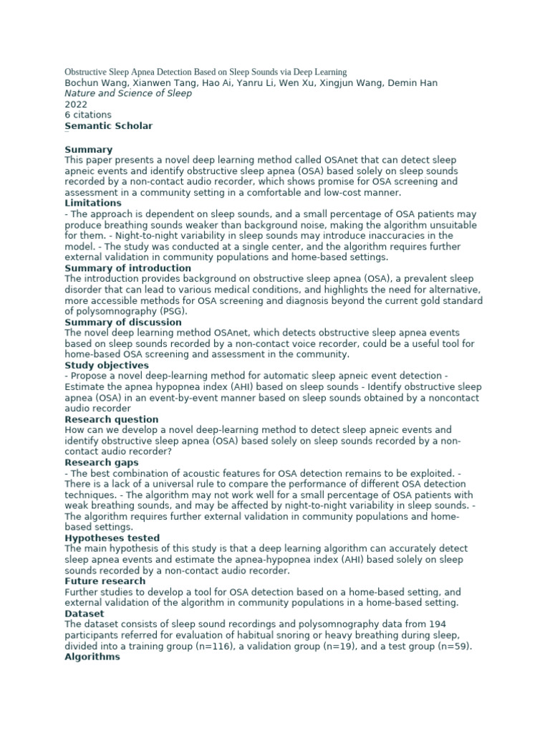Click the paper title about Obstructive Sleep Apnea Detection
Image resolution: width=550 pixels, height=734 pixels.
click(206, 72)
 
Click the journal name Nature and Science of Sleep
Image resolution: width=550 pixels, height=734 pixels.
click(127, 93)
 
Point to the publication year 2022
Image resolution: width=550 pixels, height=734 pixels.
click(76, 104)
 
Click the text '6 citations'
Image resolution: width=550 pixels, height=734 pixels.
click(88, 115)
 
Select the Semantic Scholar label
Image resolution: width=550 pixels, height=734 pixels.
click(108, 125)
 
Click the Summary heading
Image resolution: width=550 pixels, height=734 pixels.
click(90, 149)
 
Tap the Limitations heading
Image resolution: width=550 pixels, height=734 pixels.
click(93, 203)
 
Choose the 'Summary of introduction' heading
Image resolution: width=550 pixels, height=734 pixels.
click(128, 268)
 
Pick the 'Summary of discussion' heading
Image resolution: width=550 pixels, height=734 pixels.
click(123, 322)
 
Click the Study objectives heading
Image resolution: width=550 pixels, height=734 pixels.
click(107, 366)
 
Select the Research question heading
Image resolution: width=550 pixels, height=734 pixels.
click(111, 419)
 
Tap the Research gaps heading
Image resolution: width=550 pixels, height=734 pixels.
click(102, 462)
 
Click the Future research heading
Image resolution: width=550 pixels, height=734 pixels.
click(105, 581)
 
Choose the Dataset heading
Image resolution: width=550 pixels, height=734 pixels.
click(85, 614)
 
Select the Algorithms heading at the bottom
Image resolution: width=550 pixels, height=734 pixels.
click(92, 657)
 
